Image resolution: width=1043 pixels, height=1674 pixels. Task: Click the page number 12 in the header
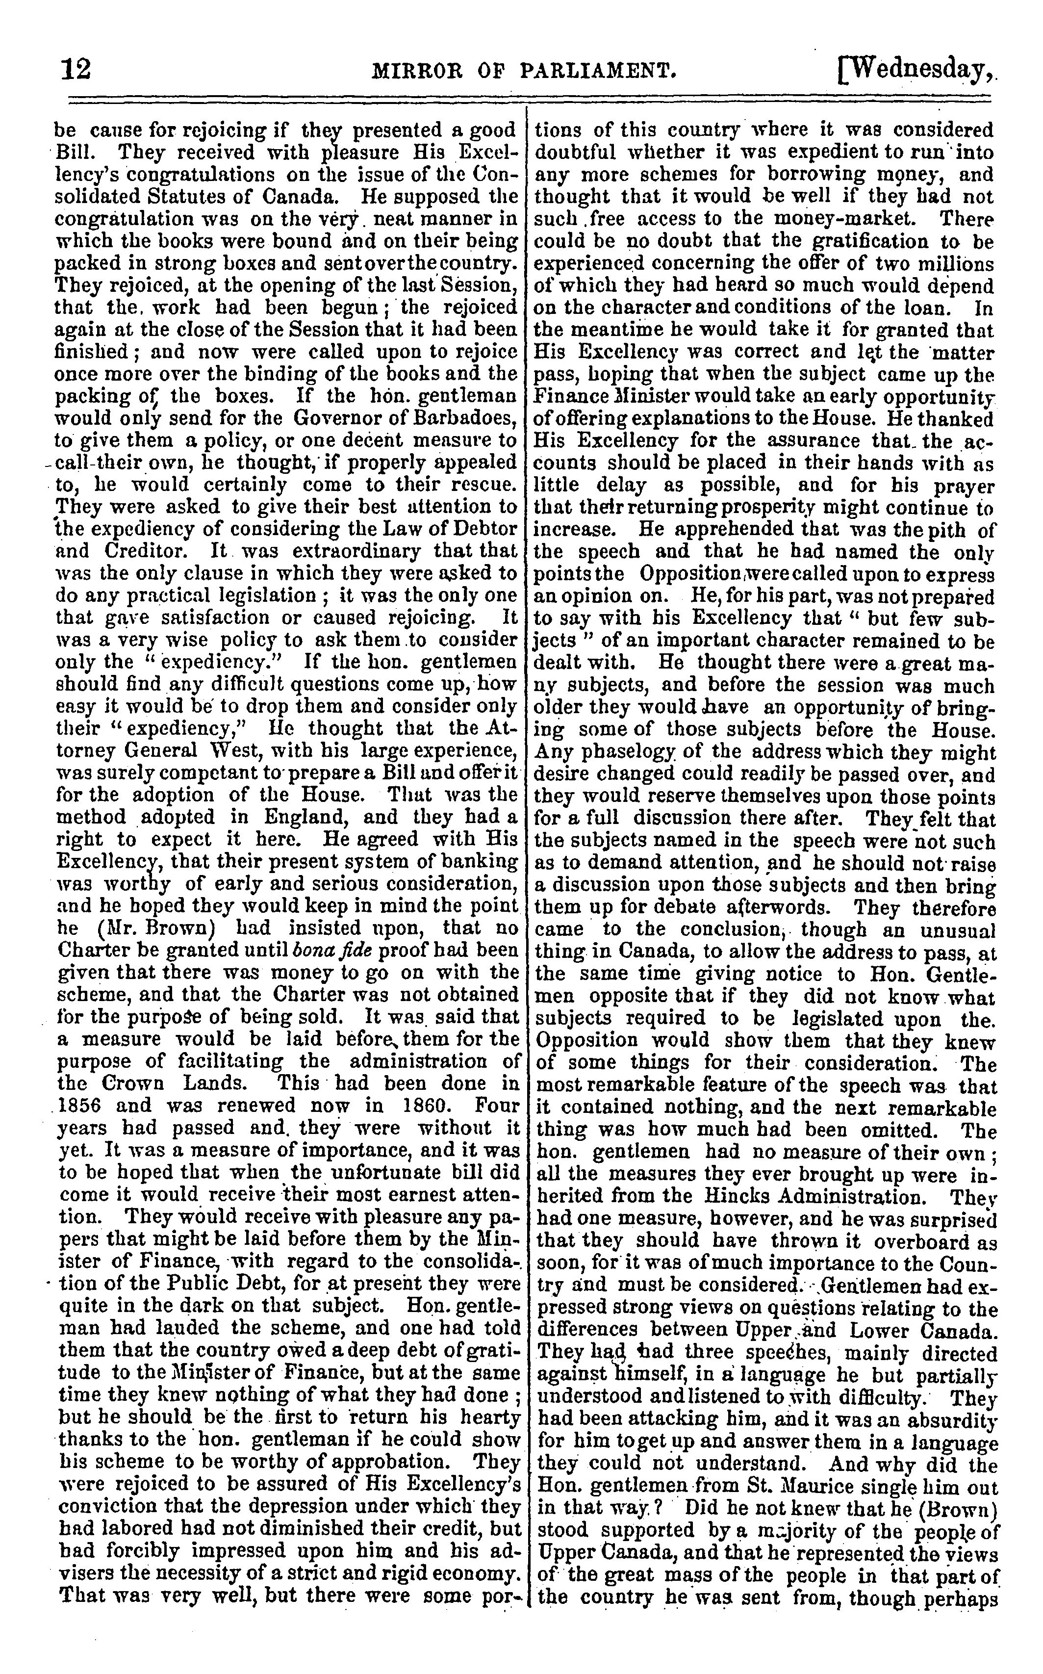coord(76,70)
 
